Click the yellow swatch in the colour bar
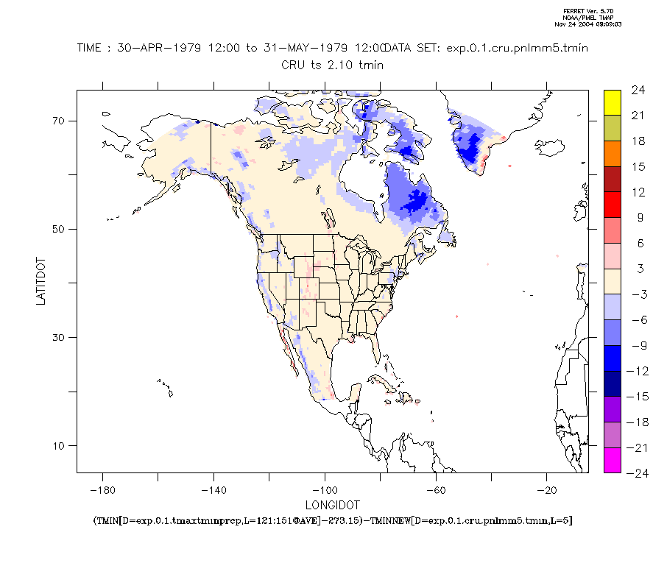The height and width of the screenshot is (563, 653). (x=612, y=102)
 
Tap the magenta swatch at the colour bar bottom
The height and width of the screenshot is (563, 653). (x=612, y=460)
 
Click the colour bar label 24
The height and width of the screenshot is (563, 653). (x=638, y=91)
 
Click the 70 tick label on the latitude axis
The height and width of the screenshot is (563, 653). (x=58, y=121)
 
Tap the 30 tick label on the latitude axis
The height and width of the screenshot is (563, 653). (x=58, y=337)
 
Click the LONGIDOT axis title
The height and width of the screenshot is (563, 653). (x=333, y=505)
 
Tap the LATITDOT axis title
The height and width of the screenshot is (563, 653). (x=42, y=280)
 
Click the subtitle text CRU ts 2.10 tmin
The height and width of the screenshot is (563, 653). (x=332, y=65)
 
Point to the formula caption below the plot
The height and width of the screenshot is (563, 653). (x=333, y=520)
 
